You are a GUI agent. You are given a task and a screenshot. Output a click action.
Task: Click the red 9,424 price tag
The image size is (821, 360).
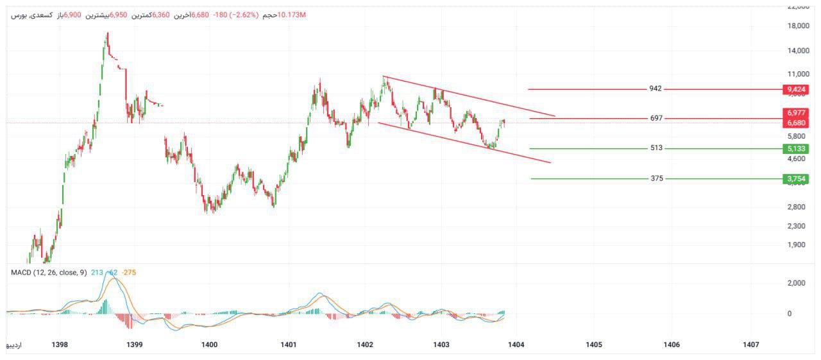coord(795,89)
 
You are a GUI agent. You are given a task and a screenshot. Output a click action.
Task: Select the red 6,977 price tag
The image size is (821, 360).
coord(795,112)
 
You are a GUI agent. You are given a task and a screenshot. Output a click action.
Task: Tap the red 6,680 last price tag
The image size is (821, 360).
coord(795,123)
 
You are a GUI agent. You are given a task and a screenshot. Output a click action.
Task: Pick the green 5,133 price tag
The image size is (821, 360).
coord(795,149)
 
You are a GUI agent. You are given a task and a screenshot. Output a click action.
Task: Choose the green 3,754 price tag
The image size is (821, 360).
coord(795,179)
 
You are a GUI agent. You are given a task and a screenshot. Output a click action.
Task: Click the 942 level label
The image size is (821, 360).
coord(656,89)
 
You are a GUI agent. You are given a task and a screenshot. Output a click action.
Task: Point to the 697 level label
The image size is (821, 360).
coord(656,118)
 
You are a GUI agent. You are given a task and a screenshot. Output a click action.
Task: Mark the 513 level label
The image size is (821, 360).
coord(656,148)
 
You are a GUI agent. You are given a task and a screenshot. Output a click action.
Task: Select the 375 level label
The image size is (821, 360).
coord(656,178)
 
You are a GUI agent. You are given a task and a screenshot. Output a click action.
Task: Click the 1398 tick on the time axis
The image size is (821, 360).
coord(60,345)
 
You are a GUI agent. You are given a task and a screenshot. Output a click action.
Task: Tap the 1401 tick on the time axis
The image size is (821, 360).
coord(289,345)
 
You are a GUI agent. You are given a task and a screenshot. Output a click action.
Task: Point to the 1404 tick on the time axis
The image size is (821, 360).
coord(516,345)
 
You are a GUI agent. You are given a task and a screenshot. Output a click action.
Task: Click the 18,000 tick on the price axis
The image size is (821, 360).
coord(795,26)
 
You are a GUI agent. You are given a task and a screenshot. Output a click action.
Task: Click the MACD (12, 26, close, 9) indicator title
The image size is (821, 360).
coord(49,273)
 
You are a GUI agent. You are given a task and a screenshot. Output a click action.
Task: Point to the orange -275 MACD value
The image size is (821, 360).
coord(128,273)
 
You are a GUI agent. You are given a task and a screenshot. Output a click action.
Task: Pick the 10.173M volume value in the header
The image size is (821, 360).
coord(292,14)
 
